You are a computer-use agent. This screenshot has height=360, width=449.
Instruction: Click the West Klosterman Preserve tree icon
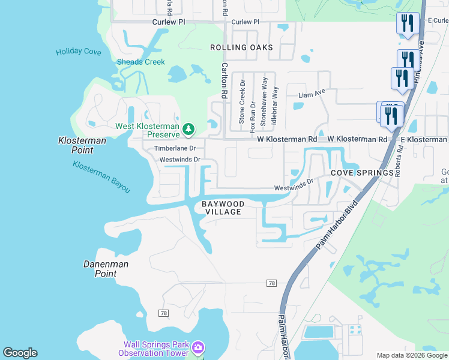click(188, 128)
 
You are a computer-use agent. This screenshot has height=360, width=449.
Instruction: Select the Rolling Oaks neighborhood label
click(241, 47)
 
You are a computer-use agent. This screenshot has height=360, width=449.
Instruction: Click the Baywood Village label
click(221, 208)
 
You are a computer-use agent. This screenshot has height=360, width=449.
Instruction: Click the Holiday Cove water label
click(79, 52)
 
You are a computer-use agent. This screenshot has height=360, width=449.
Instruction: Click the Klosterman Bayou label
click(101, 176)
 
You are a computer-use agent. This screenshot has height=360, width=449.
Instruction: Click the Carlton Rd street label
click(224, 80)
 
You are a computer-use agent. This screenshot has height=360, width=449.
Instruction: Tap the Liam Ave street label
click(312, 93)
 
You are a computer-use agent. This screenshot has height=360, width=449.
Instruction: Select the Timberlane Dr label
click(175, 148)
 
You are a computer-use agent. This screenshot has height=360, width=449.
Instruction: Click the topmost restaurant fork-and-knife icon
click(408, 23)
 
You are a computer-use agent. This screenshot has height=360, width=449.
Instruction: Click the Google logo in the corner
click(20, 353)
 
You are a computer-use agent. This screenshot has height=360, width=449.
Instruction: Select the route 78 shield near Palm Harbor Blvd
click(272, 282)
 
